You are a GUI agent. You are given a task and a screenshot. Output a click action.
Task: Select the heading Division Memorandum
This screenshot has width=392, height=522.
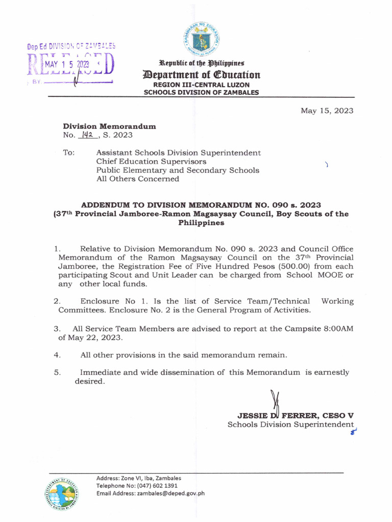tap(109, 126)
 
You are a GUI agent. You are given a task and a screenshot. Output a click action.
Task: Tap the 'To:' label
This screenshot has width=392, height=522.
tap(69, 152)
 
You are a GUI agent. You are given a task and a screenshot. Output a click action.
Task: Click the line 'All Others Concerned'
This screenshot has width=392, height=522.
tap(138, 179)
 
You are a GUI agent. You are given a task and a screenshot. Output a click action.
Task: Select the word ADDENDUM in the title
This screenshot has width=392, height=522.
tap(106, 205)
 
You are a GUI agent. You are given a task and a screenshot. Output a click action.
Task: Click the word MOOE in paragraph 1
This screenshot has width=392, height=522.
tap(330, 275)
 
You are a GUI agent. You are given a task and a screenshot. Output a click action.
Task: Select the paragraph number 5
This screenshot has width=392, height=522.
tap(57, 372)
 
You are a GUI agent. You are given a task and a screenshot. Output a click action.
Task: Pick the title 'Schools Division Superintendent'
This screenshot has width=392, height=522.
tap(290, 424)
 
